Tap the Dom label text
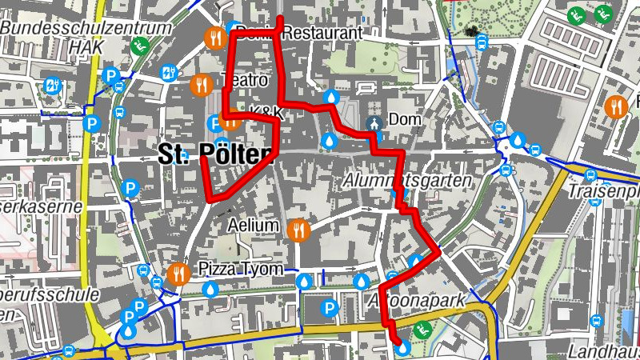tap(404, 120)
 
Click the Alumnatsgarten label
tap(407, 182)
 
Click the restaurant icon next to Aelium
tap(298, 230)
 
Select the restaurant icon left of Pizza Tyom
tap(178, 274)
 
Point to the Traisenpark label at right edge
tap(603, 194)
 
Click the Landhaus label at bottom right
tap(605, 350)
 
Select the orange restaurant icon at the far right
tap(616, 106)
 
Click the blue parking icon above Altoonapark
tap(328, 307)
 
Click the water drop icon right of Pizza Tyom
tap(304, 282)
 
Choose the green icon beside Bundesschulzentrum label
tap(141, 45)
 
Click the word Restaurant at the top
tap(322, 34)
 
